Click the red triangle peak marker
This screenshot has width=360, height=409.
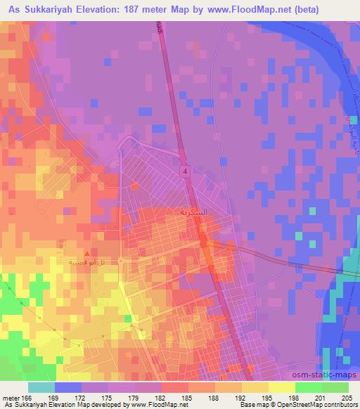coord(87,252)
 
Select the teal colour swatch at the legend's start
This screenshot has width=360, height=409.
coord(41,387)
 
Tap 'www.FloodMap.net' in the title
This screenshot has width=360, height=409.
coord(269,10)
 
